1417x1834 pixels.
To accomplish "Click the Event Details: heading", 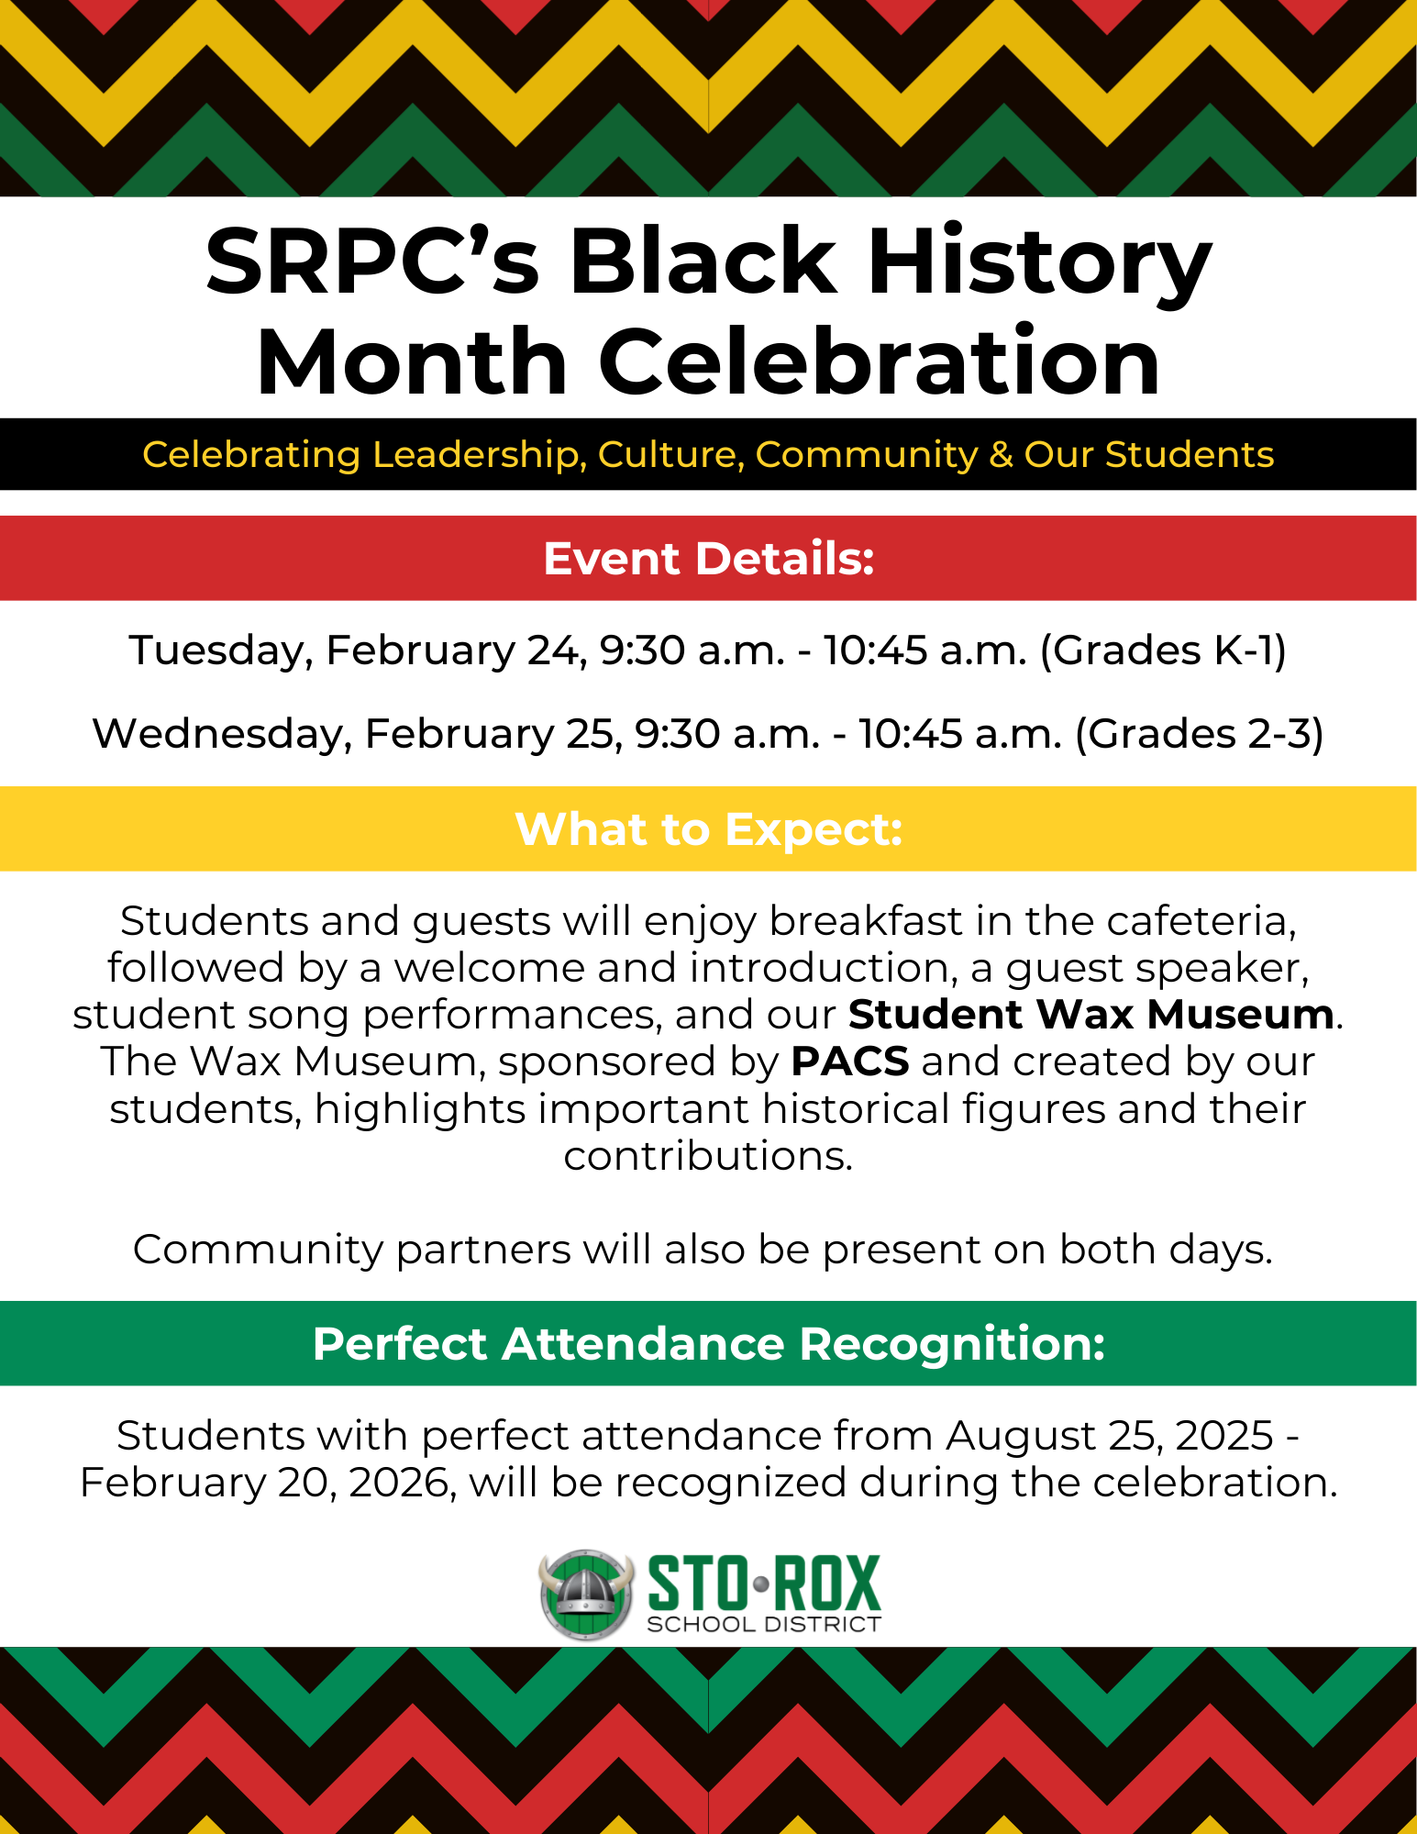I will (x=709, y=559).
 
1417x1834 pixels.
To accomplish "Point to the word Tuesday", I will (x=221, y=650).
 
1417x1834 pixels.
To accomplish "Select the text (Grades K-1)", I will (x=1163, y=650).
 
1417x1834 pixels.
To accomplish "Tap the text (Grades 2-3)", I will (x=1199, y=734).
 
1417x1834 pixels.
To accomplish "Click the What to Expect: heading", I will (x=709, y=829).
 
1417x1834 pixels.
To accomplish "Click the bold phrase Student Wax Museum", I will (x=1090, y=1015).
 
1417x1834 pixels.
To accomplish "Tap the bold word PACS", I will (x=850, y=1061).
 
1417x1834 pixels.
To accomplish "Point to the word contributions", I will (x=708, y=1156).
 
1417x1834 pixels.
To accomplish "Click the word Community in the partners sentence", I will (x=258, y=1250).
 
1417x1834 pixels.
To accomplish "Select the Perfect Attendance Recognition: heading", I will (x=709, y=1344).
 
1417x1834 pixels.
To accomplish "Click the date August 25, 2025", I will (x=1110, y=1436).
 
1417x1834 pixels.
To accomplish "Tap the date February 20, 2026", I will (x=268, y=1483).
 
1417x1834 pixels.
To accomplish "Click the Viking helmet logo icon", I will (x=586, y=1595).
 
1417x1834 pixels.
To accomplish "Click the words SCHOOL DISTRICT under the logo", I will (x=764, y=1625).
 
